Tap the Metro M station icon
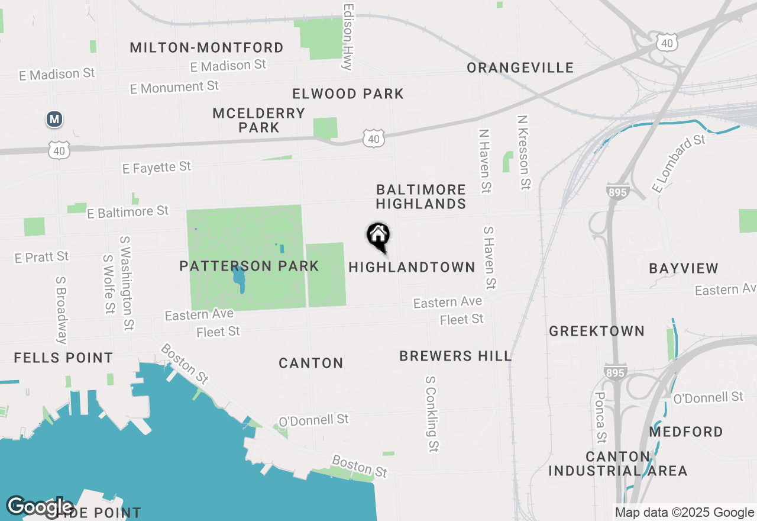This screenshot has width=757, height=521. (x=54, y=119)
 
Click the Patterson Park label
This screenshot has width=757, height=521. (x=249, y=266)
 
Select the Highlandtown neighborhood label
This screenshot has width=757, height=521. (x=412, y=267)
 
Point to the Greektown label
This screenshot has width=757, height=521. (x=597, y=331)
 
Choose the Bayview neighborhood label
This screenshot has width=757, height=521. (x=684, y=268)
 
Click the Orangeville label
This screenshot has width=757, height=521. (x=520, y=67)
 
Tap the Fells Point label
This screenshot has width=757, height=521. (x=63, y=358)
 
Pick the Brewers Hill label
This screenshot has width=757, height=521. (x=455, y=356)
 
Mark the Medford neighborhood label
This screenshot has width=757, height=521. (x=686, y=432)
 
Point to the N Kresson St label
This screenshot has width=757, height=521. (x=523, y=153)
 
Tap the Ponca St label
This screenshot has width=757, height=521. (x=600, y=417)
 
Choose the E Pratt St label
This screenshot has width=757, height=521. (x=42, y=257)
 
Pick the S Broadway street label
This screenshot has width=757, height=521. (x=61, y=310)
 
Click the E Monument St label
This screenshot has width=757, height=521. (x=174, y=87)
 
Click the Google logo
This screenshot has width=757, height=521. (x=39, y=507)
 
